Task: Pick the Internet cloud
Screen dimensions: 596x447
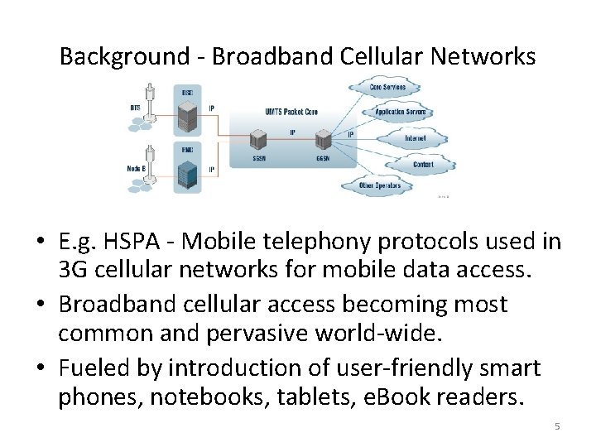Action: (414, 138)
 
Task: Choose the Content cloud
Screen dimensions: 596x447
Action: (422, 165)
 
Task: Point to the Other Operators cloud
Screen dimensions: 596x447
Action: (380, 185)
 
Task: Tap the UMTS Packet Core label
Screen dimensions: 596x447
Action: (292, 112)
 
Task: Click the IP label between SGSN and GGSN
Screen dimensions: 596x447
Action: (292, 131)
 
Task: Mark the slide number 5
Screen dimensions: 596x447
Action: (557, 426)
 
